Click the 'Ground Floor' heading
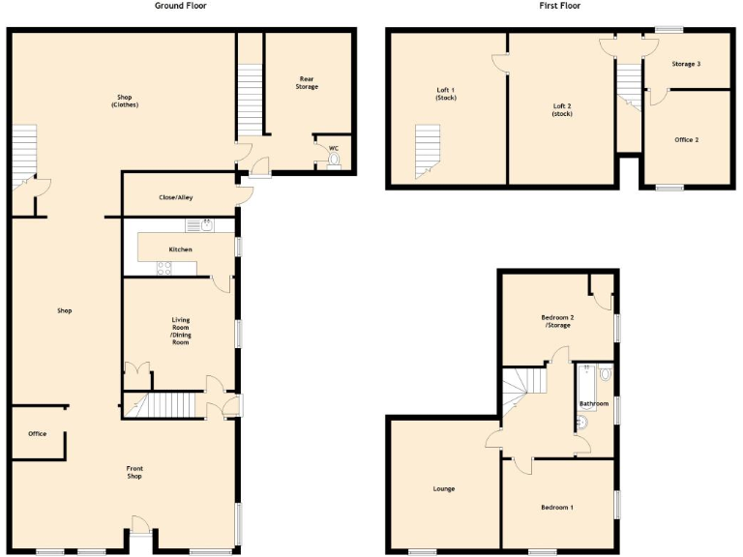181,6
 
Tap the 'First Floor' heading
560,6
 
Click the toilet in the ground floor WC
335,161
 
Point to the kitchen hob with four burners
164,270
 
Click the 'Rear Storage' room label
307,82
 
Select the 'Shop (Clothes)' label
124,101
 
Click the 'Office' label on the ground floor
37,433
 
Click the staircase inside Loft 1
426,150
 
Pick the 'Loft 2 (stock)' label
562,110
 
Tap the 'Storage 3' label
686,64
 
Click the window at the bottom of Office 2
669,188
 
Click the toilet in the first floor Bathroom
605,373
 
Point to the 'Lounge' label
444,488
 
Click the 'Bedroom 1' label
557,507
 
